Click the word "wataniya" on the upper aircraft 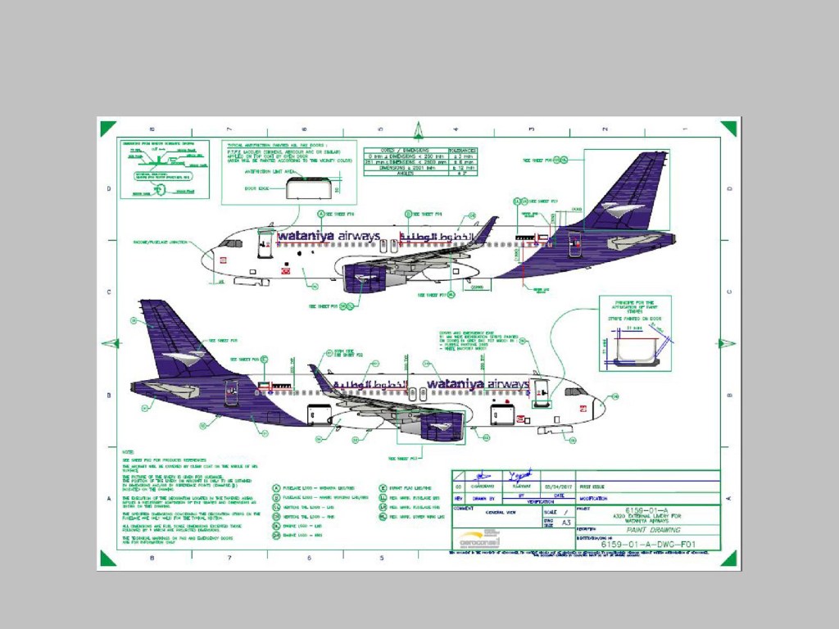point(306,237)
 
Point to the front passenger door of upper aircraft point(265,245)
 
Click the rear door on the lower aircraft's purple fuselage point(232,392)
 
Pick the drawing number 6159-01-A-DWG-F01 point(647,544)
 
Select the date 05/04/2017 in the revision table point(558,485)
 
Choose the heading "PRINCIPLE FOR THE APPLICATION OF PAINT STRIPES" point(634,305)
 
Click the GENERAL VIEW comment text point(501,513)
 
